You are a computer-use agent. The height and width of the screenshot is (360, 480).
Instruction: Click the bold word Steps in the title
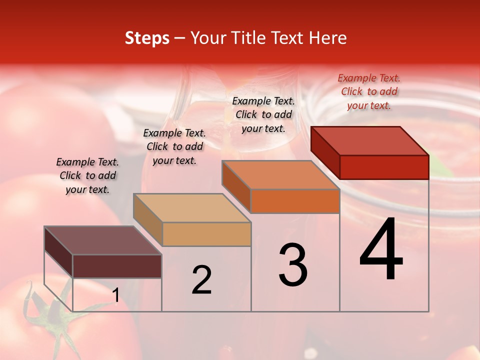[x=147, y=38]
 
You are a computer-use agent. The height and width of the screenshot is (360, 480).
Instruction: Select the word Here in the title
[x=327, y=38]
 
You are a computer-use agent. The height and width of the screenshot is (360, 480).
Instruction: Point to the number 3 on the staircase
[x=292, y=265]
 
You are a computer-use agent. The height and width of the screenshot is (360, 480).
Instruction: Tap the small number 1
[x=115, y=295]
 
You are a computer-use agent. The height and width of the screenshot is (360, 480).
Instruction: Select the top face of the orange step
[x=280, y=175]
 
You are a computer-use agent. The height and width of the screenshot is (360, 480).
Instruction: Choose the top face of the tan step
[x=192, y=208]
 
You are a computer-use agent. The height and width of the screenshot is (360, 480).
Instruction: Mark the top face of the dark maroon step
[x=103, y=240]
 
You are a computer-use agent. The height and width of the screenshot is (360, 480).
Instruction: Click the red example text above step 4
[x=369, y=91]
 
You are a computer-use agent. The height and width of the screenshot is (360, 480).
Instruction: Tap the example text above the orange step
[x=263, y=114]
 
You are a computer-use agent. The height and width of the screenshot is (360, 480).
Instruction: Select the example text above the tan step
[x=174, y=146]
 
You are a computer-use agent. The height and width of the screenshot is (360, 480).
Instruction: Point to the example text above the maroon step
[x=87, y=175]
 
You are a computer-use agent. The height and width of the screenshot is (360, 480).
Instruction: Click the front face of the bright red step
[x=384, y=167]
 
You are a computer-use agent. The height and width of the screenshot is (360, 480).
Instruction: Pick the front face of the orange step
[x=295, y=201]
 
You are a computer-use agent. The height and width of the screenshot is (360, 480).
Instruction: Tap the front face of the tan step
[x=206, y=234]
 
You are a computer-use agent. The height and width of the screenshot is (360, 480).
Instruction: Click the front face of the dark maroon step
[x=117, y=266]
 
